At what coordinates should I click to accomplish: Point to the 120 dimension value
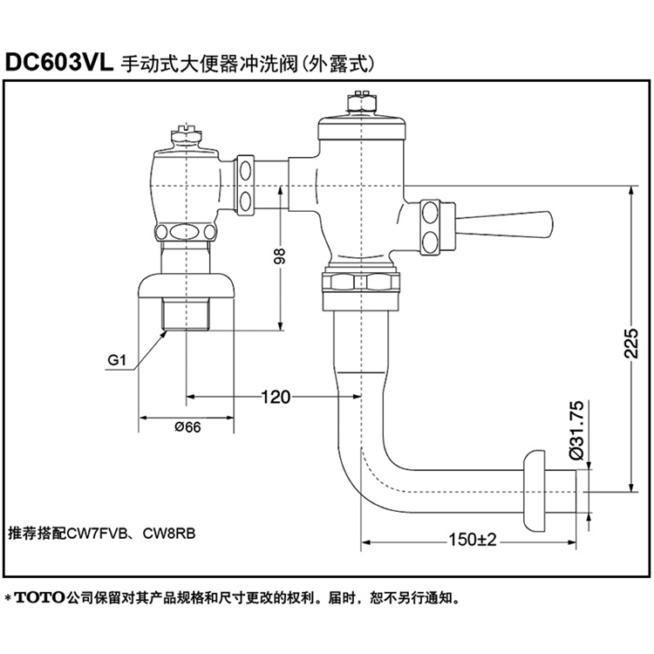click(x=275, y=398)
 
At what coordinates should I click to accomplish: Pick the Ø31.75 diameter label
click(x=576, y=431)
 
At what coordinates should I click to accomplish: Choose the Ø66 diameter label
click(x=187, y=427)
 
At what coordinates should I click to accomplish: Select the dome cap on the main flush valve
click(x=359, y=129)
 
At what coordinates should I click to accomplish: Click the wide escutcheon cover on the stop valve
click(x=187, y=286)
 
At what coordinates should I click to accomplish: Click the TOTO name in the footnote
click(x=40, y=600)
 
